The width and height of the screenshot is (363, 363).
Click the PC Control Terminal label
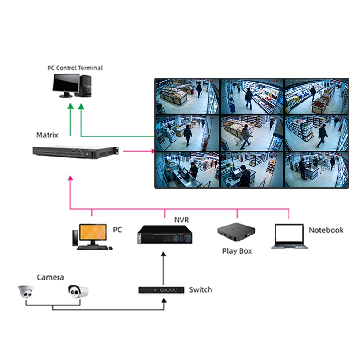click(75, 68)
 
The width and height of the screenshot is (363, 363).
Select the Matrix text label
click(47, 135)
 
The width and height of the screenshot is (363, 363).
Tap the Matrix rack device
click(75, 152)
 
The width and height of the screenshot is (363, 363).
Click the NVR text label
click(181, 220)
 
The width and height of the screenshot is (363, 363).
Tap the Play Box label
click(237, 251)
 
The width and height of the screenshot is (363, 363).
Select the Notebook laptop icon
click(289, 236)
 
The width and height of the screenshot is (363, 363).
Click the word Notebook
click(326, 230)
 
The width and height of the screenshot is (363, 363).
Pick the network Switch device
click(161, 289)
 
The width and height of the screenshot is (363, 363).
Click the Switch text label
click(200, 289)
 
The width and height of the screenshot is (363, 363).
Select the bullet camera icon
click(78, 291)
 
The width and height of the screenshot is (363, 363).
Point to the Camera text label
click(50, 277)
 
